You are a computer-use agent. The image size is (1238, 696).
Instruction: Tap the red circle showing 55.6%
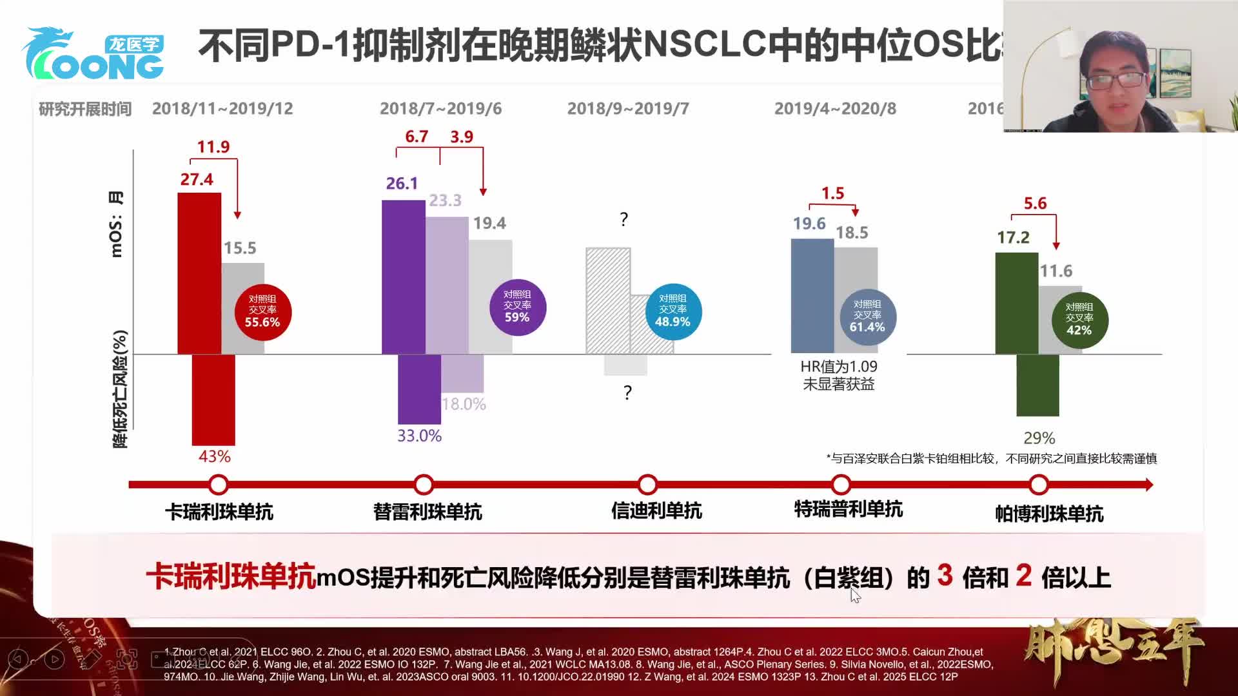point(262,312)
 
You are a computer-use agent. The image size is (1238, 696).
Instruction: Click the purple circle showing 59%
point(517,307)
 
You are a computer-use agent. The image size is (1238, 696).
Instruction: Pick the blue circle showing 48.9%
point(673,312)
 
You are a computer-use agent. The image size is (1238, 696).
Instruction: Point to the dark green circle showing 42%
point(1079,320)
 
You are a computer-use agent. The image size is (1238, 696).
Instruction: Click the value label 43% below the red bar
point(214,456)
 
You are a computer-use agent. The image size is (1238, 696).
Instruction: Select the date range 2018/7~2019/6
point(440,108)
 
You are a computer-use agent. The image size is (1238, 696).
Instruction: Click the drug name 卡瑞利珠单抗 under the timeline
point(219,512)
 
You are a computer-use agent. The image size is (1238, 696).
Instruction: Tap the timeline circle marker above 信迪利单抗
point(647,485)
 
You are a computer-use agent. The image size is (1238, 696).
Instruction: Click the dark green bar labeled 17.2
point(1016,303)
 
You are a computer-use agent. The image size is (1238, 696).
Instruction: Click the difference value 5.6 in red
point(1035,204)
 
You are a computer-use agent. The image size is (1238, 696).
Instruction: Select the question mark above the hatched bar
point(624,219)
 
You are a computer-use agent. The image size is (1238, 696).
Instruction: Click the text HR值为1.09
point(838,367)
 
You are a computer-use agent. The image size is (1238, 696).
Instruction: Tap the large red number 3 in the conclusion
point(945,575)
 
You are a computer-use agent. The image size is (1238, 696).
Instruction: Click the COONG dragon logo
point(93,55)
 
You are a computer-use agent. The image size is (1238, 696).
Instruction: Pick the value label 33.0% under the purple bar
point(419,436)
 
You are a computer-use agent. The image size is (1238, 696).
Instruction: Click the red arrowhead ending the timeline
point(1149,485)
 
